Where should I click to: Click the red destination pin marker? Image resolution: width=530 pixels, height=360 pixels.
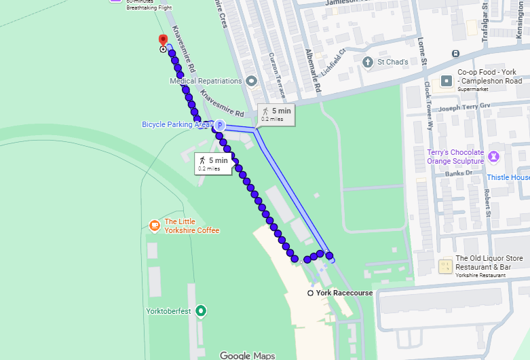(x=162, y=40)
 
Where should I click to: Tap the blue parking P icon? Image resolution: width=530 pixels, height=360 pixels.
(x=219, y=125)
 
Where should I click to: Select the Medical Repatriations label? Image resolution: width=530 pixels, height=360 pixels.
(x=206, y=81)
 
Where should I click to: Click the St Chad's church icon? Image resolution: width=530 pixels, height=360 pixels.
(x=368, y=62)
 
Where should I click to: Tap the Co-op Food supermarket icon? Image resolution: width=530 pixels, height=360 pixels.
(x=447, y=81)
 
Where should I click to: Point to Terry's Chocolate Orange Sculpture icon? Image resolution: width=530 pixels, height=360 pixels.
(x=494, y=156)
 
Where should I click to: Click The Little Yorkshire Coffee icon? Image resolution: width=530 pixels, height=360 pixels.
(x=155, y=226)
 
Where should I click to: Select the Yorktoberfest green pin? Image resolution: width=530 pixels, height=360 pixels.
(x=201, y=312)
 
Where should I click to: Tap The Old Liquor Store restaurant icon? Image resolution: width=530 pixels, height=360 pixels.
(x=445, y=266)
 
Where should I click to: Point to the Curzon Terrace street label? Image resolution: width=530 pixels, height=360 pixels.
(x=278, y=75)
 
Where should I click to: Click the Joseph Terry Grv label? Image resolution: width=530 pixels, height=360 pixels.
(x=464, y=107)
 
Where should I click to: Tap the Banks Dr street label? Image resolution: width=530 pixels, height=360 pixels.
(x=459, y=173)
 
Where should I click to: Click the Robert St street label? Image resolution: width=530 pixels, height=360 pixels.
(x=487, y=204)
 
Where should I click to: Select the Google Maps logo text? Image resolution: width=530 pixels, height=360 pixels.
(x=247, y=355)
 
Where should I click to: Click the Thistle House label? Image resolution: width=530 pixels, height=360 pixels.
(x=508, y=178)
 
